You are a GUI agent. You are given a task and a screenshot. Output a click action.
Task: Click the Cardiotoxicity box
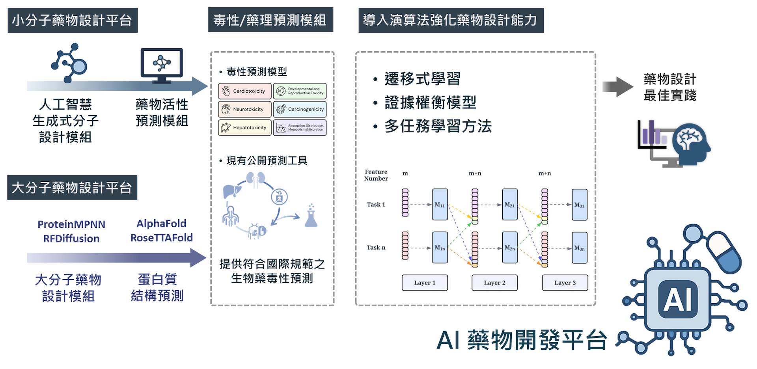[245, 91]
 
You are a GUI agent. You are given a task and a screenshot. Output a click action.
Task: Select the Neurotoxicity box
[245, 109]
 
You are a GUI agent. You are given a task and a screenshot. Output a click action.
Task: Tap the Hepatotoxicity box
[245, 128]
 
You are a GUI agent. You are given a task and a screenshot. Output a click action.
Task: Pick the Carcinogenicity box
[300, 109]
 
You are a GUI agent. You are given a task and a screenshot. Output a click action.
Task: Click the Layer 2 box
[494, 283]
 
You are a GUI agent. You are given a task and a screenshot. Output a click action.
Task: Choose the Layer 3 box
[565, 283]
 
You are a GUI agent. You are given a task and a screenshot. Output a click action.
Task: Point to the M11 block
[440, 205]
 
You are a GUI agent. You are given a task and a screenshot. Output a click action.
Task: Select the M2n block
[510, 248]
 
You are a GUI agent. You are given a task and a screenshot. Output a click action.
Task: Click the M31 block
[580, 205]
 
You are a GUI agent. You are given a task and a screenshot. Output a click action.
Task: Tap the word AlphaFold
[161, 224]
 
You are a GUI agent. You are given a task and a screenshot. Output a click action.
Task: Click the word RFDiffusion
[71, 239]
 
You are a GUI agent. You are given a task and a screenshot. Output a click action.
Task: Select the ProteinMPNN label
[71, 224]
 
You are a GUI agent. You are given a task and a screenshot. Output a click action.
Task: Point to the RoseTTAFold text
[162, 238]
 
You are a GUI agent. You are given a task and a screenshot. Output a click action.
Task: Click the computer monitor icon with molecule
[162, 65]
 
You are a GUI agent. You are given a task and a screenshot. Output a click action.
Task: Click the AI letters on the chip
[678, 299]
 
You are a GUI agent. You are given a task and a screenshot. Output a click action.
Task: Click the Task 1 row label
[376, 205]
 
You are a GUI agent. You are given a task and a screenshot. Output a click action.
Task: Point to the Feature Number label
[376, 175]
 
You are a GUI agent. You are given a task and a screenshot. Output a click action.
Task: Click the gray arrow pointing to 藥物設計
[617, 87]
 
